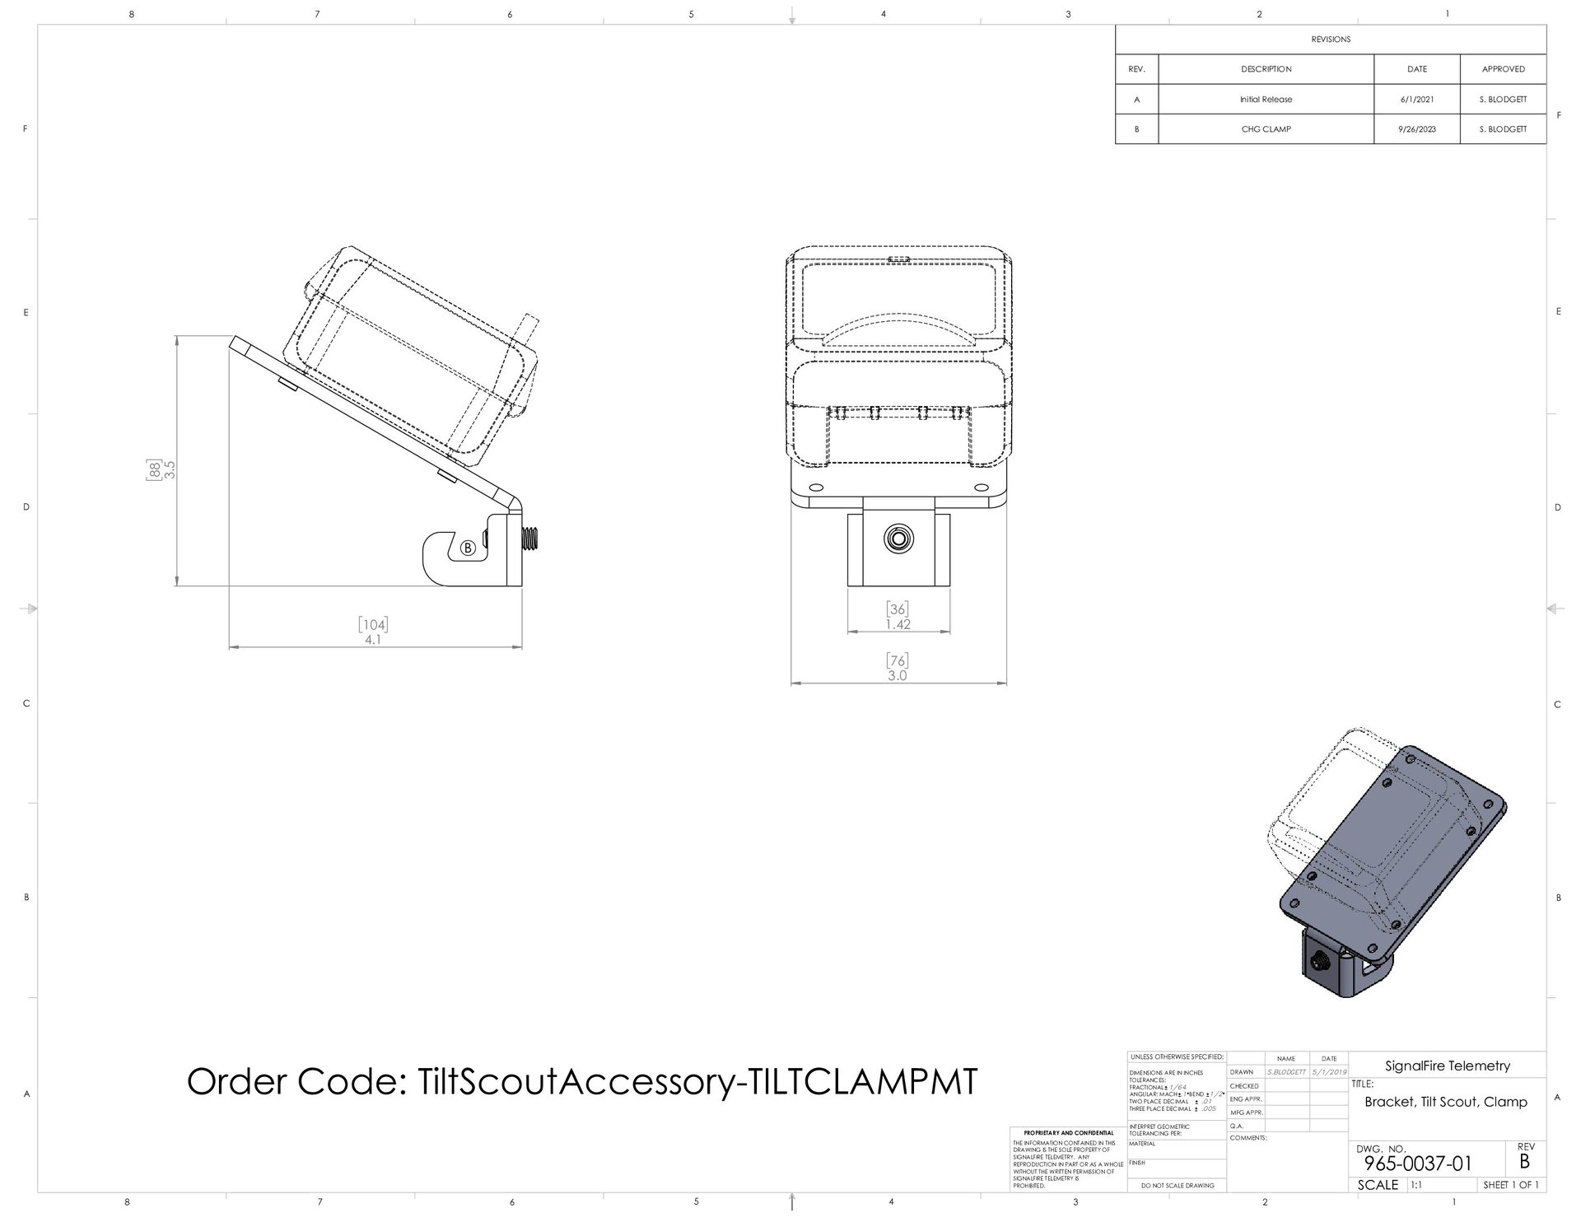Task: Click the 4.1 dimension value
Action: click(373, 639)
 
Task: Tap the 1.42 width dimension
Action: click(898, 624)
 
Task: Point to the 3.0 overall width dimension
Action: click(897, 676)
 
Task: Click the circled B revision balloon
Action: click(468, 548)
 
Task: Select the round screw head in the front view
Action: click(898, 540)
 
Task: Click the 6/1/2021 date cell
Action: click(1416, 100)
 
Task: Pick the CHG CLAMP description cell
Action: click(1266, 129)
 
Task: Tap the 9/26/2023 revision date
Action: click(1416, 129)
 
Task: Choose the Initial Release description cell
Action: click(1266, 100)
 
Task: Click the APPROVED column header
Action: click(1503, 69)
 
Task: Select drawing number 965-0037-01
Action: click(1417, 1164)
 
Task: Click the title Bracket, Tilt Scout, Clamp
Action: click(1445, 1102)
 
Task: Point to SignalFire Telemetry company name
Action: click(1447, 1066)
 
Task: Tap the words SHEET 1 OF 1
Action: click(1510, 1185)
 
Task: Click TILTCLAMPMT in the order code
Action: click(860, 1080)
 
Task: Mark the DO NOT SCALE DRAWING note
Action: click(1177, 1186)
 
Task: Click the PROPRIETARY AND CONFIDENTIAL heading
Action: click(1068, 1133)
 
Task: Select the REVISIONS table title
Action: click(1331, 40)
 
